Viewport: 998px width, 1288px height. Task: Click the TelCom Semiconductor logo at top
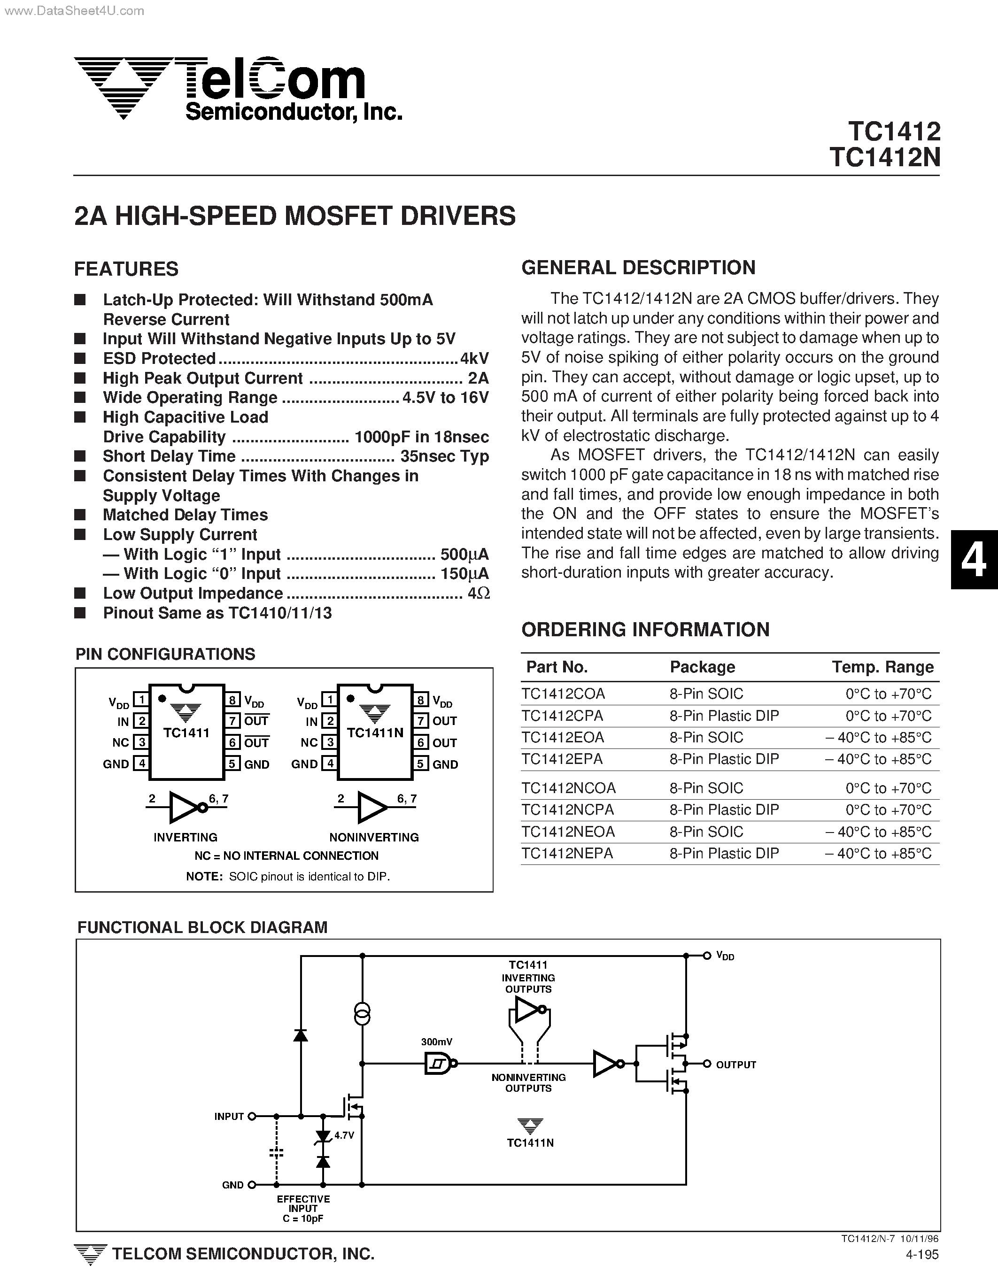click(x=236, y=88)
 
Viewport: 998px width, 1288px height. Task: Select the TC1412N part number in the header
click(x=884, y=157)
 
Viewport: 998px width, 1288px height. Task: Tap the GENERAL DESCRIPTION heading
click(x=638, y=268)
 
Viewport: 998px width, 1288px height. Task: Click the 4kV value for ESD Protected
click(x=474, y=359)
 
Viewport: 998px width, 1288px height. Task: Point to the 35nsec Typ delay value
click(x=444, y=456)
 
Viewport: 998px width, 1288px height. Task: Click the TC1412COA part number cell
click(x=563, y=694)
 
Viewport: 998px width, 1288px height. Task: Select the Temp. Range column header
click(x=882, y=667)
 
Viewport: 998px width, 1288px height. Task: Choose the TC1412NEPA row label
click(x=567, y=853)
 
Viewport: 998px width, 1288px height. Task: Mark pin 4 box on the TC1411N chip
click(x=329, y=764)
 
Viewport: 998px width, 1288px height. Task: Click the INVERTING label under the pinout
click(x=185, y=837)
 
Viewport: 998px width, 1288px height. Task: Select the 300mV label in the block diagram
click(x=436, y=1042)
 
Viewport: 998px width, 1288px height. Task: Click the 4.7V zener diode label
click(x=344, y=1135)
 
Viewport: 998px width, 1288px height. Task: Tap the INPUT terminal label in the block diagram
click(x=229, y=1117)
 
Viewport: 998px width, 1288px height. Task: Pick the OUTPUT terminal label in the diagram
click(x=735, y=1064)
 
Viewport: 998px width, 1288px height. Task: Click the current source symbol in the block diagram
click(x=362, y=1013)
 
